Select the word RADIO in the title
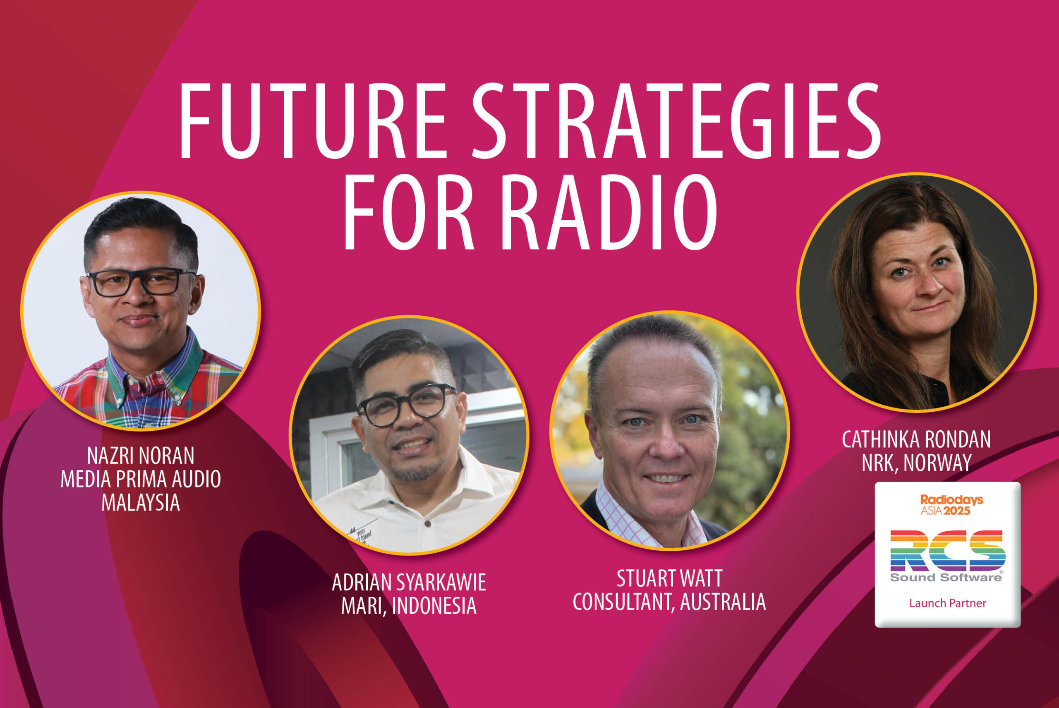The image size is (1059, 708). point(609,212)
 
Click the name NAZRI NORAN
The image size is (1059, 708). point(141,456)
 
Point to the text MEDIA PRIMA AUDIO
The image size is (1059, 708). point(141,479)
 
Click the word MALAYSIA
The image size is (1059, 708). point(141,503)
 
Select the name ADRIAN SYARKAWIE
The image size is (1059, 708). point(409,583)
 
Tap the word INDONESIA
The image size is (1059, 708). point(434,606)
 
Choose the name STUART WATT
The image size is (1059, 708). point(669,578)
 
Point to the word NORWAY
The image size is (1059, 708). point(942,462)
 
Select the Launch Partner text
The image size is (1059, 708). point(947,603)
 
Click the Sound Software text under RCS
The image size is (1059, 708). point(946,578)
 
